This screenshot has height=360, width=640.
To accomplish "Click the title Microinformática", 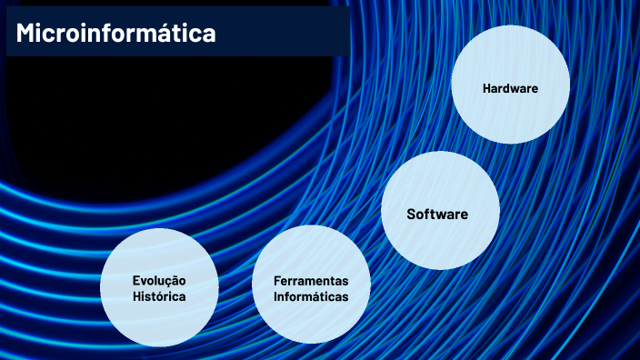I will point(115,34).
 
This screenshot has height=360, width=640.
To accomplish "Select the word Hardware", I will point(510,88).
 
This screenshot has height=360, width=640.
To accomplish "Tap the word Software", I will point(437,215).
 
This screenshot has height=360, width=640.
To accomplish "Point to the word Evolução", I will point(158,281).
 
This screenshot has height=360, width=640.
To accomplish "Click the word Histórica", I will point(158,297).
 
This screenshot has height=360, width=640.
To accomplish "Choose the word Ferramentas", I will point(310,280).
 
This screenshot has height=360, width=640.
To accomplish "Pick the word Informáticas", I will point(311,296).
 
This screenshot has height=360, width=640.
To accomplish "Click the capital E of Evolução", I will point(135,281).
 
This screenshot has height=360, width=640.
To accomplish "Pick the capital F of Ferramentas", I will point(276,280).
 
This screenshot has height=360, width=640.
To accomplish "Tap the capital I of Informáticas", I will point(275,296).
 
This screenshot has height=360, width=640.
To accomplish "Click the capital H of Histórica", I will point(136,297).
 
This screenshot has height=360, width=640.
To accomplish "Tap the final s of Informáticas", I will point(345,296).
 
